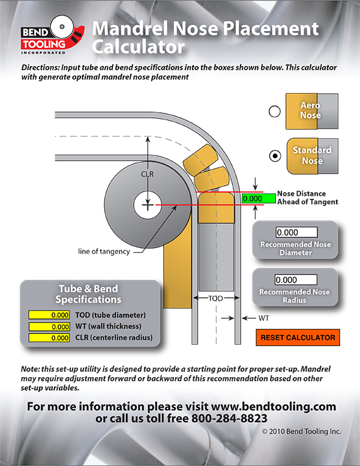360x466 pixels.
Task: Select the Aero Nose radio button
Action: [x=275, y=111]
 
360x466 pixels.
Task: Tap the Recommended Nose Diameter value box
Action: [x=295, y=232]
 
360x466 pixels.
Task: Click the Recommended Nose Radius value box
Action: [x=295, y=280]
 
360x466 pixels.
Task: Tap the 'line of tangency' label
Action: [x=103, y=252]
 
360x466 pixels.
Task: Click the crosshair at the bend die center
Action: [x=146, y=205]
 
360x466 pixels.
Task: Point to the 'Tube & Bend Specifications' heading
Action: [x=89, y=294]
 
